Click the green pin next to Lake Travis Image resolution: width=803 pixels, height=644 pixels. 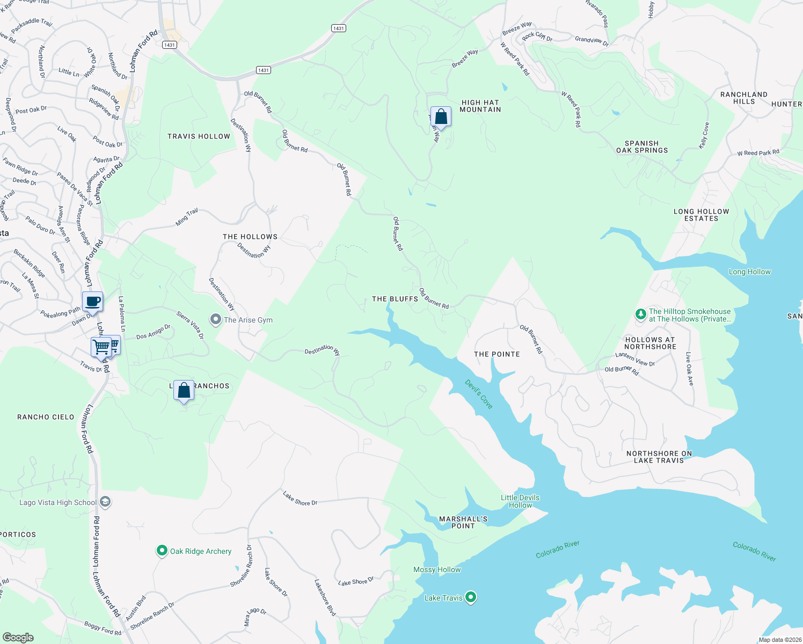pyautogui.click(x=471, y=597)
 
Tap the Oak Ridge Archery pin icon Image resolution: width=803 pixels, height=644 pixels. pyautogui.click(x=162, y=551)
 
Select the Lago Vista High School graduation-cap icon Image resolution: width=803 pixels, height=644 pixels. pyautogui.click(x=105, y=502)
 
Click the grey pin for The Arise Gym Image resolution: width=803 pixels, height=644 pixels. pyautogui.click(x=215, y=319)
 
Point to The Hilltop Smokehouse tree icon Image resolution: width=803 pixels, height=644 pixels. pyautogui.click(x=640, y=314)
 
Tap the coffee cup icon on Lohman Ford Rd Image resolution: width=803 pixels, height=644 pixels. pyautogui.click(x=93, y=302)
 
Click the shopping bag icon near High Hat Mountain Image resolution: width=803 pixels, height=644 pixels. pyautogui.click(x=441, y=116)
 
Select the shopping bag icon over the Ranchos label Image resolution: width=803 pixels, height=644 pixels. pyautogui.click(x=184, y=390)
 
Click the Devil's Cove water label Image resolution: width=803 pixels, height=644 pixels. pyautogui.click(x=479, y=394)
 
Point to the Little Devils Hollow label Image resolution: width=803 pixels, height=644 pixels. pyautogui.click(x=520, y=501)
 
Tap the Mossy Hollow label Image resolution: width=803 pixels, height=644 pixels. pyautogui.click(x=437, y=569)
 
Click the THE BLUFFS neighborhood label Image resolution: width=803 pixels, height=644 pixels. pyautogui.click(x=395, y=299)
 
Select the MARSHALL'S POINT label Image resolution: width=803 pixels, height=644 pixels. pyautogui.click(x=463, y=522)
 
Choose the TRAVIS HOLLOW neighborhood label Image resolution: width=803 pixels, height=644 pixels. pyautogui.click(x=199, y=136)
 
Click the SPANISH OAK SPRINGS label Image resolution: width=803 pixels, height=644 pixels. pyautogui.click(x=642, y=147)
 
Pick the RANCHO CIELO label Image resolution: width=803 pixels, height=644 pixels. pyautogui.click(x=46, y=417)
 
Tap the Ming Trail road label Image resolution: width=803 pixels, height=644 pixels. pyautogui.click(x=187, y=217)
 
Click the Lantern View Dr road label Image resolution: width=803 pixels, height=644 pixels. pyautogui.click(x=635, y=359)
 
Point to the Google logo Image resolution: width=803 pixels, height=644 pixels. pyautogui.click(x=18, y=637)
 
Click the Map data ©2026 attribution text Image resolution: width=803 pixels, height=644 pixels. pyautogui.click(x=778, y=640)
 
